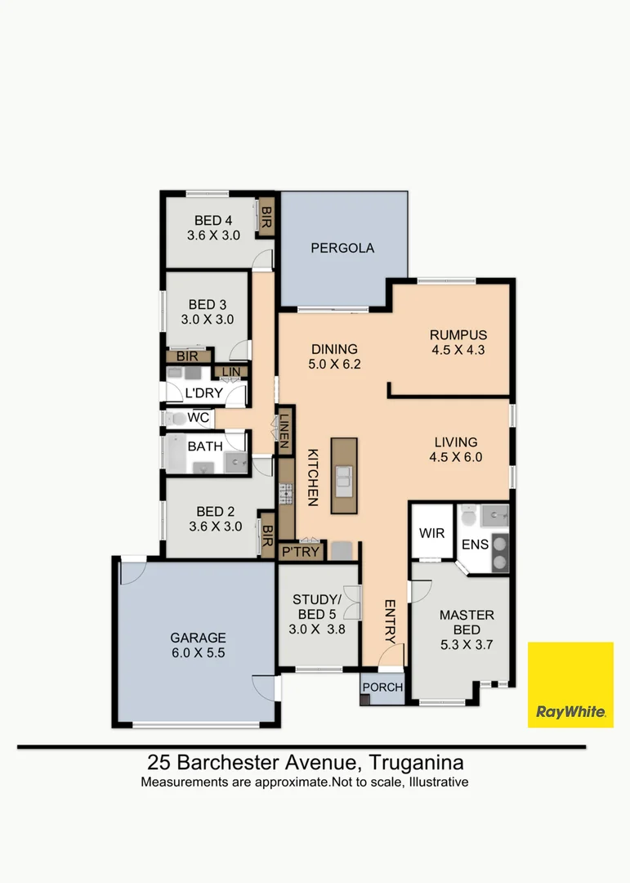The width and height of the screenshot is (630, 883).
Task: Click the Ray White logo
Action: coord(570,684)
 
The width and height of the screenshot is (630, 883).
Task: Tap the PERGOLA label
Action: coord(342,248)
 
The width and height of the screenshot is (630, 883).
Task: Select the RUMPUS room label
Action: coord(458,334)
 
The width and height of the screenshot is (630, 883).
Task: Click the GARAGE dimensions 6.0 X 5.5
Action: coord(198,654)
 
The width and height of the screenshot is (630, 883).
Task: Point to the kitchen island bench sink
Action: coord(344,477)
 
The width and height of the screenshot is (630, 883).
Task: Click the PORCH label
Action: coord(383,688)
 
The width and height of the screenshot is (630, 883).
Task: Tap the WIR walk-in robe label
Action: coord(431,533)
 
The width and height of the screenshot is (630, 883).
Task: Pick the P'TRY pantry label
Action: coord(301,552)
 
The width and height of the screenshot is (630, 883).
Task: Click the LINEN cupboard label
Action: coord(284,426)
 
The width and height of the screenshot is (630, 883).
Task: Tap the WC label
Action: coord(199,419)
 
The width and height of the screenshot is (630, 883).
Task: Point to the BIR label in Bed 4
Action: coord(266,217)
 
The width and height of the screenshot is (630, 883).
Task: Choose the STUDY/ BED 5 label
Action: coord(315,608)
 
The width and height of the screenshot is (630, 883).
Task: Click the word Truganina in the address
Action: coord(417,763)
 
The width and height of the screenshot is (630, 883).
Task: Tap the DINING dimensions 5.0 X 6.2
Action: coord(334,365)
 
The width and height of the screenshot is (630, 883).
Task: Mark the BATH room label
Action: coord(203,446)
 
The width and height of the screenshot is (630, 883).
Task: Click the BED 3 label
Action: coord(208,303)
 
